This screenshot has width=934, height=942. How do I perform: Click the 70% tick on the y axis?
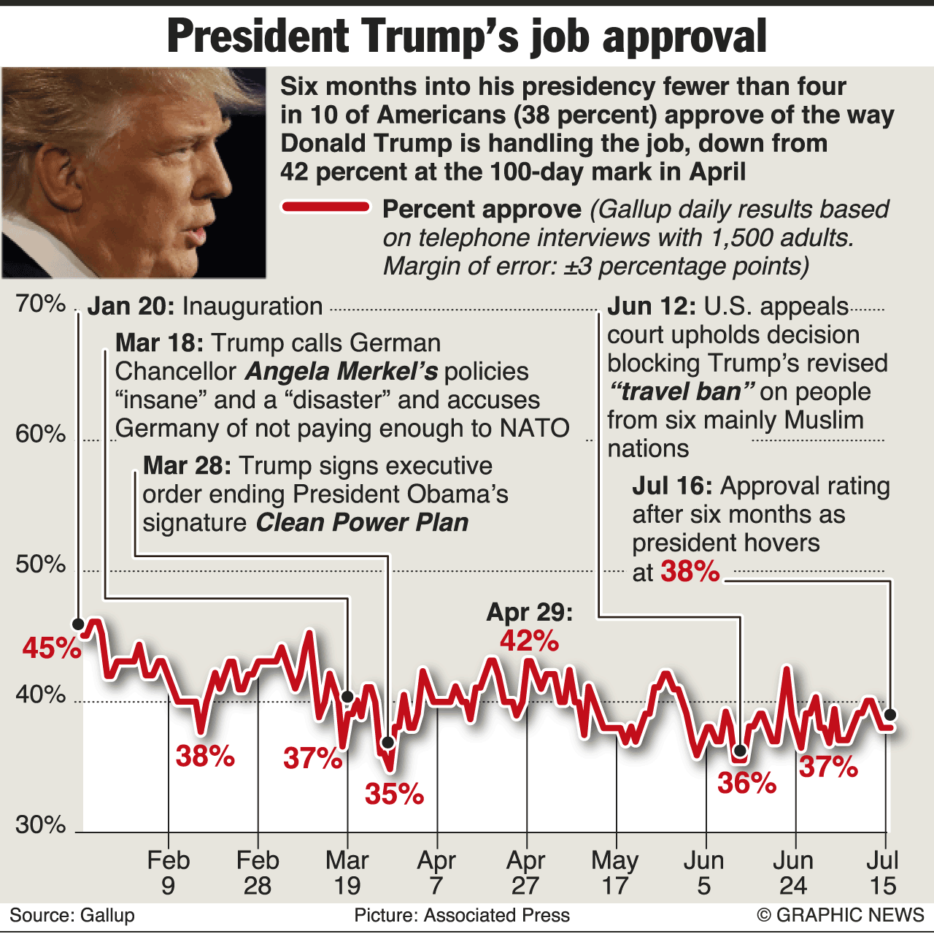point(41,303)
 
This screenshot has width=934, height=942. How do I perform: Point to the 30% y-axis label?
point(41,824)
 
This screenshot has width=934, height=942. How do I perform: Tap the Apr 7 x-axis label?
point(436,873)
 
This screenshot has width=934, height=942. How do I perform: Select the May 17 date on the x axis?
point(615,873)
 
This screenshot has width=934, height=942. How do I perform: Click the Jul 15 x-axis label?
point(883,873)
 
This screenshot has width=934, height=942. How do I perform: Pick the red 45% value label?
point(51,648)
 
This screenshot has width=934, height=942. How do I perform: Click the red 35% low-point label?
point(395,794)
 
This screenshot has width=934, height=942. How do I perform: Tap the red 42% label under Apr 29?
point(530,641)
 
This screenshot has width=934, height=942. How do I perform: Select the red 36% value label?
point(746,784)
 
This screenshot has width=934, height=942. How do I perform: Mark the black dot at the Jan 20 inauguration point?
point(78,623)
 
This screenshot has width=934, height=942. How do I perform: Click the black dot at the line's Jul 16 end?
point(889,714)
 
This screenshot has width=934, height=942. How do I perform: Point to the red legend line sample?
point(326,207)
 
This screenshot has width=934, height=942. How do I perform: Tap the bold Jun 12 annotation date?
point(652,306)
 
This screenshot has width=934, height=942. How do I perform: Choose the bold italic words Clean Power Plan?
point(362,523)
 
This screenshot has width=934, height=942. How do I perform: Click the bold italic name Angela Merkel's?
point(341,372)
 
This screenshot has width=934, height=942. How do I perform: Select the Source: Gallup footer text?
point(72,915)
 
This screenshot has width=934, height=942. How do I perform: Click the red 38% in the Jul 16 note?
point(690,572)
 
